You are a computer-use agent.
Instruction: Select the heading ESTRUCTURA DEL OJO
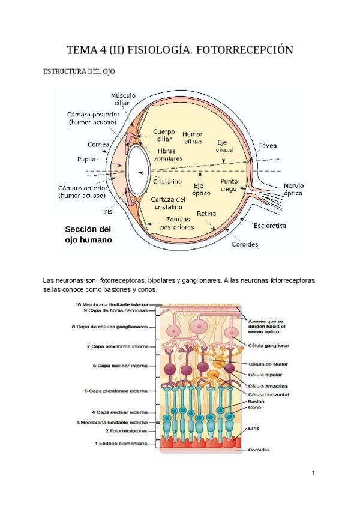tap(79, 71)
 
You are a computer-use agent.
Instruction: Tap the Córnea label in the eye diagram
tap(98, 145)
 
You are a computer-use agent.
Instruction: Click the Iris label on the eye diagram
tap(107, 211)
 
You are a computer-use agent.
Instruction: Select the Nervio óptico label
tap(293, 190)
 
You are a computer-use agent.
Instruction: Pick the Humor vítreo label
tap(193, 137)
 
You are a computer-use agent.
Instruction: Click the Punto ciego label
tap(229, 184)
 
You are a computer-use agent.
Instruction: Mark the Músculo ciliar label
tap(123, 99)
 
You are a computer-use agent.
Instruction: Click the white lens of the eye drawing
tap(138, 169)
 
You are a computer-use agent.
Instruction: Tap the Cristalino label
tap(167, 181)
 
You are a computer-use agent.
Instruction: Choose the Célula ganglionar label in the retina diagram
tap(269, 346)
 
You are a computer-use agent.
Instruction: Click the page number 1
tap(313, 474)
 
